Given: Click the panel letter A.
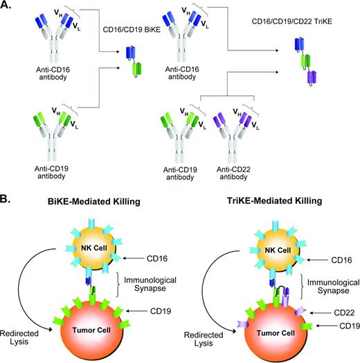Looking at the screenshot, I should (x=8, y=6).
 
